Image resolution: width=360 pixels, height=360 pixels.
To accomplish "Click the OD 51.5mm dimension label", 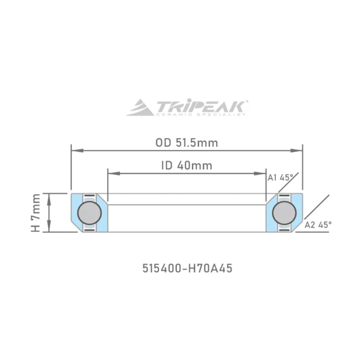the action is pyautogui.click(x=187, y=143).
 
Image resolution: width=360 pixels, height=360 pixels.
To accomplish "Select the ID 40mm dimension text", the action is pyautogui.click(x=187, y=166).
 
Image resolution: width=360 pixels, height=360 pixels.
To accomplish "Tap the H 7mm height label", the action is pyautogui.click(x=36, y=213).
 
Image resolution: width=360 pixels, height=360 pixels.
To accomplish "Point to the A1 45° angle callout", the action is pyautogui.click(x=280, y=177).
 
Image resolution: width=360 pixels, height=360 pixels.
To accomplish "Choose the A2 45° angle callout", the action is pyautogui.click(x=318, y=225).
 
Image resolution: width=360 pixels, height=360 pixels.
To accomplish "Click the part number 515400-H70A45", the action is pyautogui.click(x=187, y=268).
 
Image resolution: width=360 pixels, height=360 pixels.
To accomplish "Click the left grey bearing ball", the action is pyautogui.click(x=90, y=213).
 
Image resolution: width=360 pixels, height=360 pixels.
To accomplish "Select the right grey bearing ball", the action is pyautogui.click(x=284, y=213).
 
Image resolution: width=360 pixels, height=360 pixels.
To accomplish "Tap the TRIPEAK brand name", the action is pyautogui.click(x=200, y=106).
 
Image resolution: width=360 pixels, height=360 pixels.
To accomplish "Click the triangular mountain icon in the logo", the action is pyautogui.click(x=140, y=108).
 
